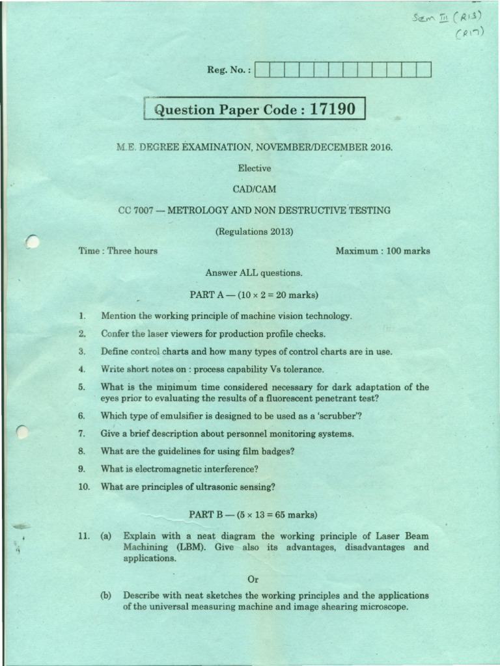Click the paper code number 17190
click(x=333, y=109)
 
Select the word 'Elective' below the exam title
click(x=254, y=168)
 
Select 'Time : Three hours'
click(x=118, y=250)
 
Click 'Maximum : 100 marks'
click(x=382, y=250)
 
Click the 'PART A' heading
click(x=207, y=295)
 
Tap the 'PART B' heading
click(x=207, y=514)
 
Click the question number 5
click(x=81, y=387)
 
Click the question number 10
click(x=83, y=486)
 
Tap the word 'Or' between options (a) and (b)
click(x=254, y=578)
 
